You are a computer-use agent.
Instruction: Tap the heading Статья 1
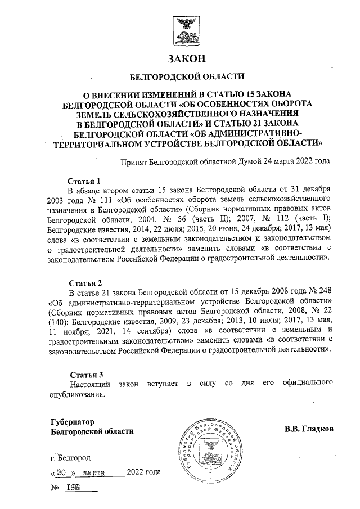tap(84, 181)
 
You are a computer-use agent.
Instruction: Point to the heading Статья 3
tap(85, 374)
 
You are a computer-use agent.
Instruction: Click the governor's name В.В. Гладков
tap(309, 429)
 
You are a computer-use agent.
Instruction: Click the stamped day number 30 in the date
tap(62, 472)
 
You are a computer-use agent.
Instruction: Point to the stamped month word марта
tap(95, 472)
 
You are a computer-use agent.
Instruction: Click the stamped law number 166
tap(73, 488)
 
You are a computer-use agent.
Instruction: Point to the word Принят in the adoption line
tap(133, 162)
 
